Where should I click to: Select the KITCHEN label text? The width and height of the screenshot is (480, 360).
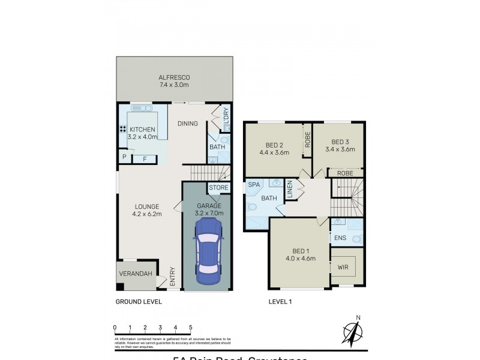[142, 129]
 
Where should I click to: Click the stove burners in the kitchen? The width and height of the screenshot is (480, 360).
[122, 129]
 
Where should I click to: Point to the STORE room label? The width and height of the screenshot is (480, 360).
[218, 188]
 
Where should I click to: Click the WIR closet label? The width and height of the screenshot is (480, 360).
[343, 267]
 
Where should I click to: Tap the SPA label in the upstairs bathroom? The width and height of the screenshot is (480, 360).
[253, 186]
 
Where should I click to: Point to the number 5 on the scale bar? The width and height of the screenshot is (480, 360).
[191, 328]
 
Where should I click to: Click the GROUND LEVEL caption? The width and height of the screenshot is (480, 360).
[138, 302]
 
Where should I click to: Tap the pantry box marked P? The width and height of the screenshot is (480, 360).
[124, 157]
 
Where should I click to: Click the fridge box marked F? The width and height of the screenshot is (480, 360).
[144, 158]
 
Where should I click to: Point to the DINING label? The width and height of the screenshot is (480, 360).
[187, 124]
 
